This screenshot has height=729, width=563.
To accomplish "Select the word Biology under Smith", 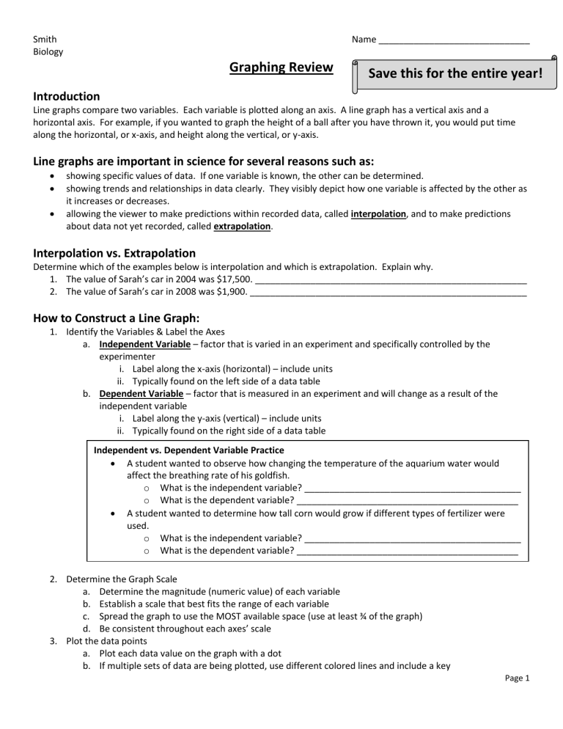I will pos(48,51).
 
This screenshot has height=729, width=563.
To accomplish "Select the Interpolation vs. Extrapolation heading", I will pos(114,253).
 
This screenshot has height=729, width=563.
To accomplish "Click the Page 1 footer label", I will pos(516,678).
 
